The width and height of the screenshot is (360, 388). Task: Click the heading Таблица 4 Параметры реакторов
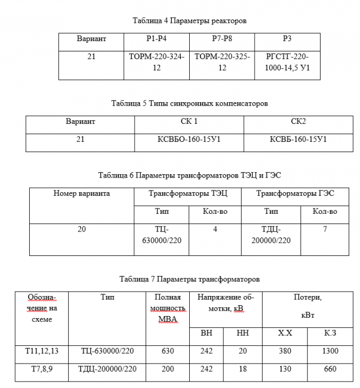[x=189, y=21]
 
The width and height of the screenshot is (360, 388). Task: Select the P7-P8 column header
[x=222, y=39]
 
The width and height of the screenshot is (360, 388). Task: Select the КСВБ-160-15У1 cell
[x=298, y=139]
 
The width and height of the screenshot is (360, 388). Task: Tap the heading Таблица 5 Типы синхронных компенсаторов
[x=189, y=103]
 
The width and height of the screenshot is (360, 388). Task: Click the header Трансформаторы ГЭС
[x=295, y=193]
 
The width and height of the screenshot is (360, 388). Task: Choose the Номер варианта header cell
[x=82, y=193]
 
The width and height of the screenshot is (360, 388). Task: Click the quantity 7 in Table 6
[x=325, y=229]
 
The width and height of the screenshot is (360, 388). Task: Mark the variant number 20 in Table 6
[x=82, y=229]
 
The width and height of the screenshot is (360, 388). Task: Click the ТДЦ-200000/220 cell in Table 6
[x=271, y=235]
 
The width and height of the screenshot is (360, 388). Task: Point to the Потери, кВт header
[x=308, y=305]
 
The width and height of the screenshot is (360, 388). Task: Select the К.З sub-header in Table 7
[x=330, y=333]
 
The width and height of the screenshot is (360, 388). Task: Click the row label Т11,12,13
[x=42, y=351]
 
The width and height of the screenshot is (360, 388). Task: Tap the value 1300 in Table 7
[x=330, y=351]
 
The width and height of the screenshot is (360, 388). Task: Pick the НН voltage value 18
[x=243, y=369]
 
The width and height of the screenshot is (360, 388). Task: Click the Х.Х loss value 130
[x=285, y=369]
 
